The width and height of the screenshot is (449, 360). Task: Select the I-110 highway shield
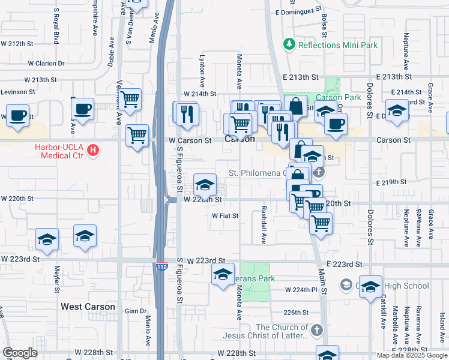tap(161, 266)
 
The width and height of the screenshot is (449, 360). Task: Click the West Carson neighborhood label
tap(88, 307)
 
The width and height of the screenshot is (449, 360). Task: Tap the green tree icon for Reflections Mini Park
tap(290, 44)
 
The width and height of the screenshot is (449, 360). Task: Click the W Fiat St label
tap(225, 215)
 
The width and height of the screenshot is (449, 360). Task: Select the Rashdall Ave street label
tap(263, 225)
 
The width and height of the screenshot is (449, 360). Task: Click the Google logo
tap(20, 353)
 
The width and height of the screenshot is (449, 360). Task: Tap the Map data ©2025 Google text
tap(412, 355)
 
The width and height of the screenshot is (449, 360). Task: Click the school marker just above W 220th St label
tap(205, 184)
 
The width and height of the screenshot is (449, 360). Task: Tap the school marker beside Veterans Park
tap(223, 274)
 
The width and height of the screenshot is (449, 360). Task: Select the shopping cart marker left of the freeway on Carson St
tap(137, 134)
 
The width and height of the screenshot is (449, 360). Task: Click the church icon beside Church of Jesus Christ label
tap(317, 329)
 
